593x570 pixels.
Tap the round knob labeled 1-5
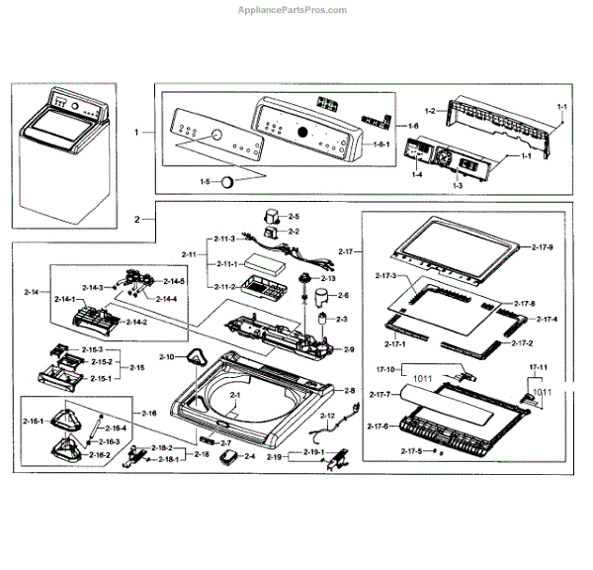(229, 181)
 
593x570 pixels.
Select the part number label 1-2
(430, 112)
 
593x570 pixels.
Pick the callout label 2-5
(294, 216)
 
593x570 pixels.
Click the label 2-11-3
(222, 238)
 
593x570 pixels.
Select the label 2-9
(349, 349)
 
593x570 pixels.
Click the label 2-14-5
(174, 281)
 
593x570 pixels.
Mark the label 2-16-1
(32, 421)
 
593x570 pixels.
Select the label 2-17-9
(542, 245)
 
